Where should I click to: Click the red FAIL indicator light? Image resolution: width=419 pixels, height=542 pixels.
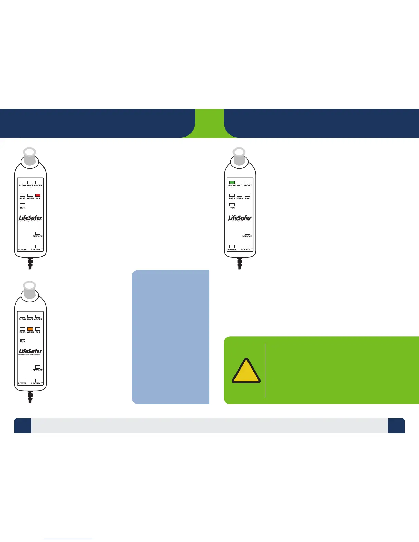click(38, 195)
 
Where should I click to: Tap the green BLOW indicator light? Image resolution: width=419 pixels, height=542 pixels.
click(232, 182)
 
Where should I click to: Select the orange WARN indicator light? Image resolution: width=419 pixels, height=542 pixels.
click(30, 329)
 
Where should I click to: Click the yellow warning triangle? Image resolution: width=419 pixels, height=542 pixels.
click(246, 371)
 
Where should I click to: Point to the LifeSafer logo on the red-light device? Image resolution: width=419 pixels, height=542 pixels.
click(30, 218)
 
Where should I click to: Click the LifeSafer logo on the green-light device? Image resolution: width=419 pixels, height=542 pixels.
click(240, 218)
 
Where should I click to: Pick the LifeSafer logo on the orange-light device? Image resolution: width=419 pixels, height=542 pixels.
click(30, 351)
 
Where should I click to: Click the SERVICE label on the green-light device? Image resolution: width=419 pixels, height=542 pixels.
click(247, 236)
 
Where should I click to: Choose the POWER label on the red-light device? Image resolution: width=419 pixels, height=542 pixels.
click(22, 249)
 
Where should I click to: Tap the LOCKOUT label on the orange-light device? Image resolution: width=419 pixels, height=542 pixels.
click(37, 383)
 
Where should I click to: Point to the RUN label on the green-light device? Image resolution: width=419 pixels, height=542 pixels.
click(232, 208)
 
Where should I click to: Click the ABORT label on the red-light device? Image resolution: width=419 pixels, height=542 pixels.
click(38, 186)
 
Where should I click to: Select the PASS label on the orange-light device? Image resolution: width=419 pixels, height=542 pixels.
click(22, 332)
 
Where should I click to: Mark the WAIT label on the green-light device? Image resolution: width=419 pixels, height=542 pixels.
click(240, 186)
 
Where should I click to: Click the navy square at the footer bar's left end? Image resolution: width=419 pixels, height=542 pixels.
click(23, 426)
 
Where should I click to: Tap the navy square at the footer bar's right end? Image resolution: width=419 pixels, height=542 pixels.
click(396, 426)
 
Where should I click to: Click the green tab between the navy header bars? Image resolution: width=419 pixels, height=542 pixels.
click(209, 123)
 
